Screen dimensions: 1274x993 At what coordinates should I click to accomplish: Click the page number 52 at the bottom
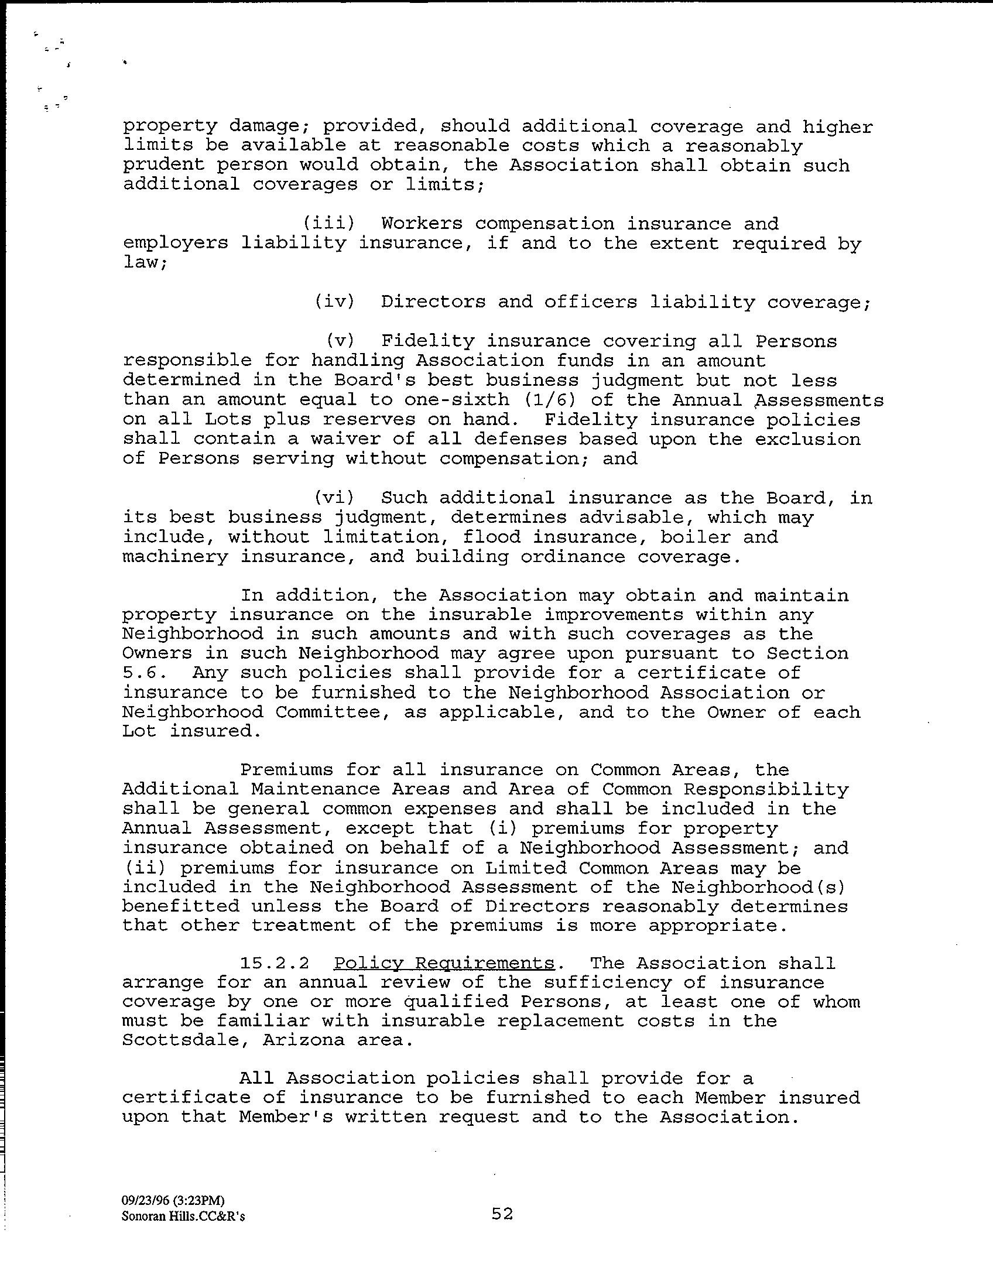pyautogui.click(x=502, y=1214)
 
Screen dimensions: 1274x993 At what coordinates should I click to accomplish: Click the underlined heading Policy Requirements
pyautogui.click(x=444, y=963)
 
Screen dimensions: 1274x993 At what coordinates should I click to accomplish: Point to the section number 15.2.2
pyautogui.click(x=275, y=963)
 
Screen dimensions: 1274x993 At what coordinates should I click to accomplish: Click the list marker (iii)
pyautogui.click(x=328, y=224)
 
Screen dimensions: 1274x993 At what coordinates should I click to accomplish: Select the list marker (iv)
pyautogui.click(x=334, y=302)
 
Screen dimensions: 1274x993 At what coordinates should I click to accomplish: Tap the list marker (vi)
pyautogui.click(x=334, y=498)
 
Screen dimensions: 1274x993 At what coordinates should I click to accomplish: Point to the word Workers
pyautogui.click(x=422, y=224)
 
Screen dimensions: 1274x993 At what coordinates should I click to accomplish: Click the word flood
pyautogui.click(x=491, y=537)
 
